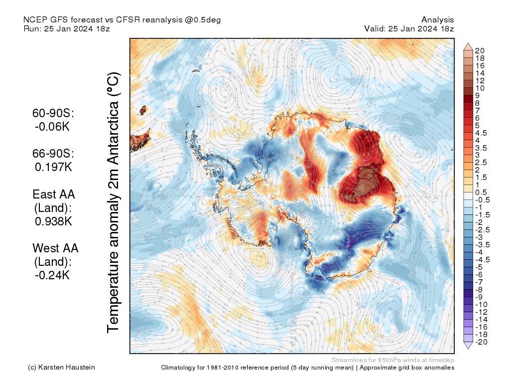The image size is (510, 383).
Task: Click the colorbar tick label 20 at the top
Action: pyautogui.click(x=480, y=50)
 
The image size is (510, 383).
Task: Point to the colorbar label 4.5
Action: pyautogui.click(x=482, y=133)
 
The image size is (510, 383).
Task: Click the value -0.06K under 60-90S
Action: pyautogui.click(x=52, y=127)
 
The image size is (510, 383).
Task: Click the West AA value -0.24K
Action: pyautogui.click(x=52, y=275)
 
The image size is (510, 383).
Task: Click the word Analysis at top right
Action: pyautogui.click(x=437, y=20)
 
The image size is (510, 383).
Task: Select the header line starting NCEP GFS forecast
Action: pyautogui.click(x=122, y=20)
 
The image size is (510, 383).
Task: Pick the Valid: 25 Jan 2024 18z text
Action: pyautogui.click(x=409, y=29)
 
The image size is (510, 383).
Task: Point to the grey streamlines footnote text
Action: pyautogui.click(x=392, y=360)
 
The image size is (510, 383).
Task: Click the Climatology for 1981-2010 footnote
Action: pyautogui.click(x=307, y=368)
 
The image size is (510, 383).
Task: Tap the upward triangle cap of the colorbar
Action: pyautogui.click(x=468, y=46)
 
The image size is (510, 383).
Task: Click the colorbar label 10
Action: pyautogui.click(x=480, y=88)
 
